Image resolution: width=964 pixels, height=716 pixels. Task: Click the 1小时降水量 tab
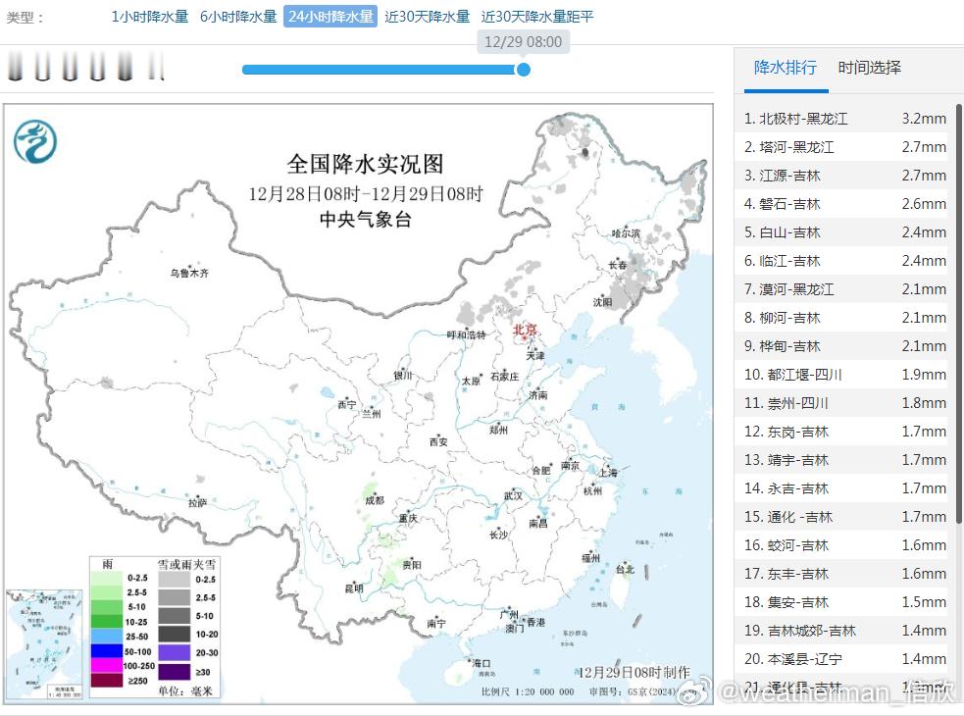coord(149,17)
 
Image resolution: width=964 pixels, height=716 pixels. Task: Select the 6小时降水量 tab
coord(238,17)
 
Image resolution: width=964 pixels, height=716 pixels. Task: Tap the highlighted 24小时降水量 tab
coord(330,17)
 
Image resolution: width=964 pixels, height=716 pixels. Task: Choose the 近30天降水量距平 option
coord(537,17)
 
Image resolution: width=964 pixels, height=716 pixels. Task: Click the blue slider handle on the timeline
coord(524,70)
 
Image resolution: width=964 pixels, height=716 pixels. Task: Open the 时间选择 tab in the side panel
coord(869,68)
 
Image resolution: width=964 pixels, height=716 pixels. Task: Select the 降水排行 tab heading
coord(785,68)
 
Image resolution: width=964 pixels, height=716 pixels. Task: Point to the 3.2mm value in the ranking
coord(924,119)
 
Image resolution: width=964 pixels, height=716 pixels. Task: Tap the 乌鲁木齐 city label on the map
coord(189,273)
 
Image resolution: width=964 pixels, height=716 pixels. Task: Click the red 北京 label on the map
coord(527,330)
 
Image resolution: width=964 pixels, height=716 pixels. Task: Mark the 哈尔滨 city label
coord(626,233)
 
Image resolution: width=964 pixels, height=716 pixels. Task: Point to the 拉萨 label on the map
coord(197,503)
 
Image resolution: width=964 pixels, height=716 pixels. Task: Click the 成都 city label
coord(374,500)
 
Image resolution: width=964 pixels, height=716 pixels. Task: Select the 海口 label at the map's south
coord(481,664)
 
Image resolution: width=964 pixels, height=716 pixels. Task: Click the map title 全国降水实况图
coord(365,163)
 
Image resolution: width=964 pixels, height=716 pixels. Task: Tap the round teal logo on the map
coord(35,141)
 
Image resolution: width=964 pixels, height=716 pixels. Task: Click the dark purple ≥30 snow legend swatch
coord(175,672)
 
